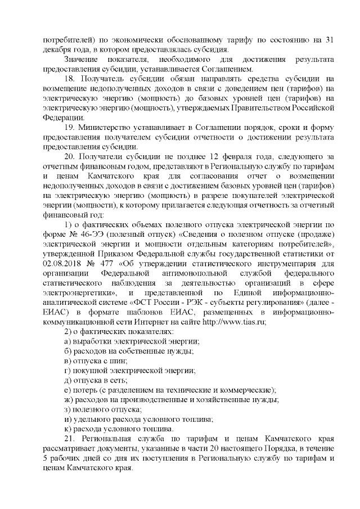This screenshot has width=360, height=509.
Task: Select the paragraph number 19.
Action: [x=69, y=127]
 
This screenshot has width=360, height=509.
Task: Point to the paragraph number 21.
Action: [x=69, y=438]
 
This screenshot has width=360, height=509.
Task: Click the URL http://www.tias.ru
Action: [x=233, y=322]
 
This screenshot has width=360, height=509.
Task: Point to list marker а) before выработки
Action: [x=67, y=341]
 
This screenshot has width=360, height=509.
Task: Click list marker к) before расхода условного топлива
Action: [x=67, y=429]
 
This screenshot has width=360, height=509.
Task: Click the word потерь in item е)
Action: [x=83, y=390]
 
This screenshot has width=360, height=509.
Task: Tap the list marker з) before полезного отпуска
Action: [x=67, y=409]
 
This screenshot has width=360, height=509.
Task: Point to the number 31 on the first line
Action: [x=331, y=40]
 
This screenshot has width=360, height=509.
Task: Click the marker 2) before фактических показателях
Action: [x=67, y=332]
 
